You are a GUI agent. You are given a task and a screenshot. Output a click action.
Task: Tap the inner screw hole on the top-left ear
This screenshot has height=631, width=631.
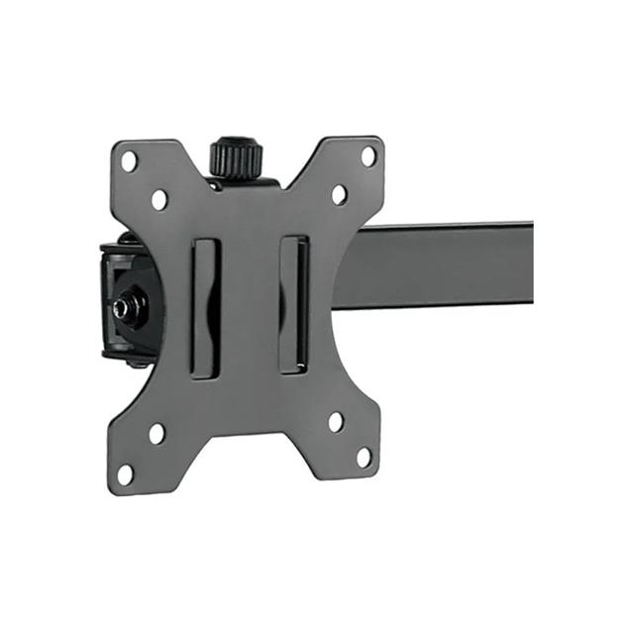coord(159,199)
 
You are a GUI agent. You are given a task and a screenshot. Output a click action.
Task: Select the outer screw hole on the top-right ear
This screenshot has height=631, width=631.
coord(368,156)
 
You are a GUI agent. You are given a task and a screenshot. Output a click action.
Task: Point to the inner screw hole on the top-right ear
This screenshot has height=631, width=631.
coord(338,194)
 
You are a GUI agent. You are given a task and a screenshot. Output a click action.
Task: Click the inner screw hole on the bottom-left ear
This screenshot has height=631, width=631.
coord(157,433)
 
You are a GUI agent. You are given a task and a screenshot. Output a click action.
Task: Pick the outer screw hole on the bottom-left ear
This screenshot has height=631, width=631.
coord(126,473)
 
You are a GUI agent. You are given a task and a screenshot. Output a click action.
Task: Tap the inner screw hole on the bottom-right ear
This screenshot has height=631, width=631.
coord(336,422)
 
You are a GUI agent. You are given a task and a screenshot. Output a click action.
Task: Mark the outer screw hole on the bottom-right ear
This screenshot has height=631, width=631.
coord(365,458)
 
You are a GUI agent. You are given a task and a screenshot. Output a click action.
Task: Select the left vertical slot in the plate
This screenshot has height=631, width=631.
coord(205,307)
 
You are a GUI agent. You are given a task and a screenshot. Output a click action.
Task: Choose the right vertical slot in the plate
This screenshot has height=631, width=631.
coord(293,304)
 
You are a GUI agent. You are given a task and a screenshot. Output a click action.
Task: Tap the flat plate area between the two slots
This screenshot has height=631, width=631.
coord(250,307)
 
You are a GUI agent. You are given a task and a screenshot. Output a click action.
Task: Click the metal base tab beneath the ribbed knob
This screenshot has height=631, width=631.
coord(243,181)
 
